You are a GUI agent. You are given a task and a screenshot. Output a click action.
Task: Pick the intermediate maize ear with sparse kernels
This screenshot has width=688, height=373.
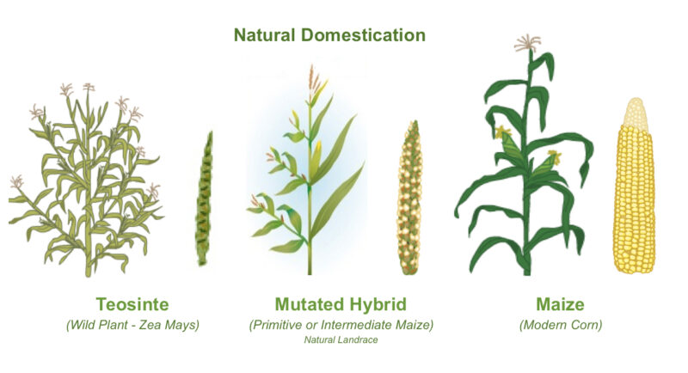pyautogui.click(x=409, y=198)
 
